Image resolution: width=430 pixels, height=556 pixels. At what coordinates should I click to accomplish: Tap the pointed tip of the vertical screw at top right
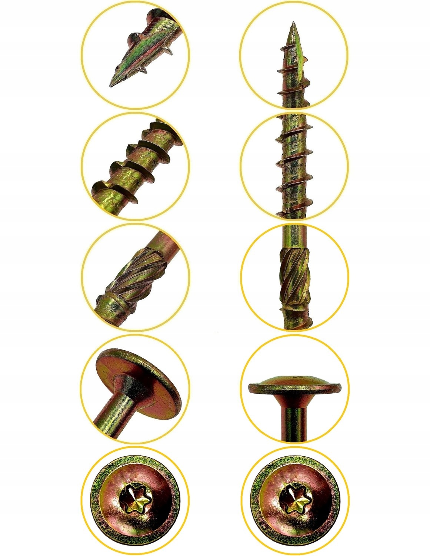(293, 23)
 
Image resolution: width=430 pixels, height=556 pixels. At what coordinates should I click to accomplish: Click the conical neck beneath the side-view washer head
(295, 401)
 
